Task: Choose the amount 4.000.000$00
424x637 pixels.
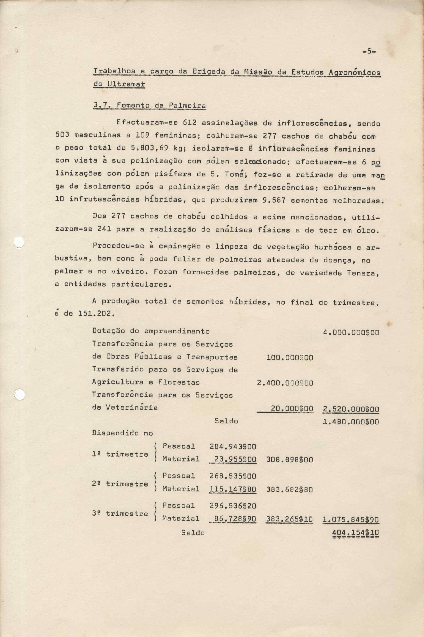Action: tap(351, 332)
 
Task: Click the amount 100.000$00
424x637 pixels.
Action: tap(290, 358)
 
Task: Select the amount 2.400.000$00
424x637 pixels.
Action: tap(285, 383)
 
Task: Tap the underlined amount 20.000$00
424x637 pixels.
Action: tap(292, 409)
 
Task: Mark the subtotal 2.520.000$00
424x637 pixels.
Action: tap(351, 409)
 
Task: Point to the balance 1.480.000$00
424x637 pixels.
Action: tap(351, 422)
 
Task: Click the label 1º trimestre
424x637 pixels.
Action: tap(120, 454)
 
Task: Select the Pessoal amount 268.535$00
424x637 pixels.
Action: tap(232, 476)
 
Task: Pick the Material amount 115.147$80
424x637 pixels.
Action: tap(232, 489)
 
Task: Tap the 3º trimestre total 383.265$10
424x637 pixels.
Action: tap(289, 519)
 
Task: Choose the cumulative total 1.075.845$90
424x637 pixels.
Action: tap(351, 520)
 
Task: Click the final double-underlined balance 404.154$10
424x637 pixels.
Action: tap(355, 533)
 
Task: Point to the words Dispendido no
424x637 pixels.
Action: tap(123, 433)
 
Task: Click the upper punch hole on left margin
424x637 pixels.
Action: tap(19, 243)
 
